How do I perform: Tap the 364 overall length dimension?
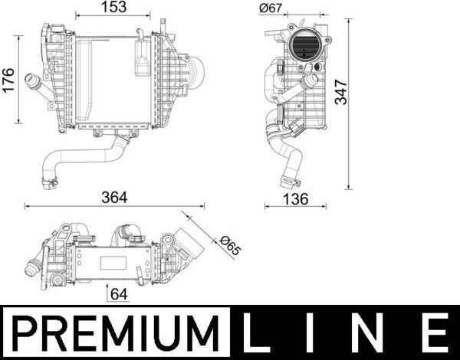coord(115,197)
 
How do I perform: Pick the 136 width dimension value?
coord(295,198)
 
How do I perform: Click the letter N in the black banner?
coord(374,333)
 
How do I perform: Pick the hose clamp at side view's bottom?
coord(290,181)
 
